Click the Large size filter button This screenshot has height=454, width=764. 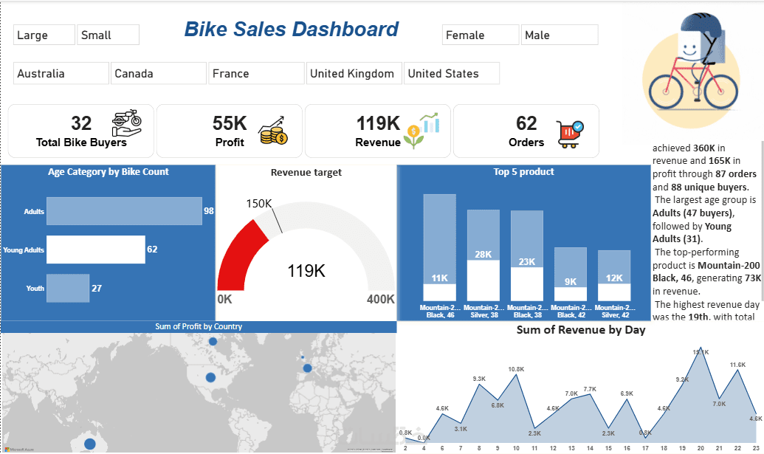(44, 35)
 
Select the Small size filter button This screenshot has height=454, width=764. (108, 35)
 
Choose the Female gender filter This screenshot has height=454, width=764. (481, 35)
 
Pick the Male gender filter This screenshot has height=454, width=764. (560, 35)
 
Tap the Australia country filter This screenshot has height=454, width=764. (61, 73)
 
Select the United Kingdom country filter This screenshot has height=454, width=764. (354, 73)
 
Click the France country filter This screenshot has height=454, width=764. (256, 73)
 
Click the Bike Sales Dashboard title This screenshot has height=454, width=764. (291, 30)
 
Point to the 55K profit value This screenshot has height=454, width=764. (230, 123)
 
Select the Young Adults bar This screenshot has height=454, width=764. (95, 250)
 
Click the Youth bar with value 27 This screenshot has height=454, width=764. (67, 288)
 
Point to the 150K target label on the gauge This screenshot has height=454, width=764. (260, 203)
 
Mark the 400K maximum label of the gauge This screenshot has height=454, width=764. (380, 299)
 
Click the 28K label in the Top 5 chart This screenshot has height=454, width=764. (483, 255)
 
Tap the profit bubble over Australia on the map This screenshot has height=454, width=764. (90, 443)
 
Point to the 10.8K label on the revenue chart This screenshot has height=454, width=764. (516, 369)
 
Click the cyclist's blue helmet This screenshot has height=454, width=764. (690, 26)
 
